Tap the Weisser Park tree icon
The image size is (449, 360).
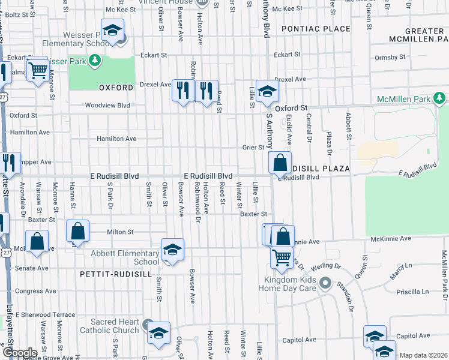tap(94, 61)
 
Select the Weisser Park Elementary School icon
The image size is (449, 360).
tap(112, 31)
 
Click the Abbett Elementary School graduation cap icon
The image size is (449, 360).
tap(172, 250)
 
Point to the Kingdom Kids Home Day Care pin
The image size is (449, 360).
tap(325, 282)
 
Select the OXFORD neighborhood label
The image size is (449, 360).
tap(116, 88)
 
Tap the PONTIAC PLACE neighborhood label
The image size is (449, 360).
tap(315, 29)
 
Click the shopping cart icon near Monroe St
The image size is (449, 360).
tap(37, 70)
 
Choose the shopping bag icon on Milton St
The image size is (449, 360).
tap(78, 231)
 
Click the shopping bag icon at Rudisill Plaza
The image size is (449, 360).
tap(280, 162)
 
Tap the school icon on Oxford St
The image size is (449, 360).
tap(267, 91)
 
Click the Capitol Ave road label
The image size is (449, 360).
tap(298, 340)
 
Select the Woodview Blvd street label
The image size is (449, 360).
tap(107, 105)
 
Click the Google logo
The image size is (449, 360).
tap(19, 353)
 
